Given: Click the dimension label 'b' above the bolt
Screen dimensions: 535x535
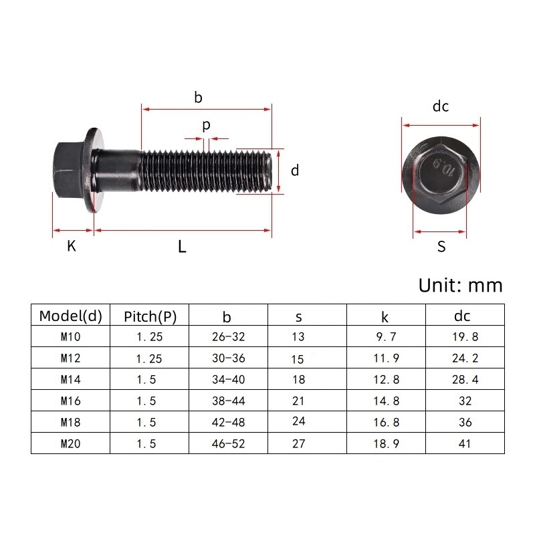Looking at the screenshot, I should coord(198,97).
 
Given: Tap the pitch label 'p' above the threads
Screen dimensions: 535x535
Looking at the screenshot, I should coord(206,126).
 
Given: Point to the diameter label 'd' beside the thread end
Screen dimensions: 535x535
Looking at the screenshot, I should coord(294,171).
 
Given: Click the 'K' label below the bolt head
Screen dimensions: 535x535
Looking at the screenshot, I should coord(72,246).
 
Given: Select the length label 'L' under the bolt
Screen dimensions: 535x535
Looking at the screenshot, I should coord(182,246).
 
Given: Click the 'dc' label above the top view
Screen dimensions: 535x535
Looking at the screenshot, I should coord(440,106).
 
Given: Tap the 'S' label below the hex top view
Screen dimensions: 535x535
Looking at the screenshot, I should coord(441,247).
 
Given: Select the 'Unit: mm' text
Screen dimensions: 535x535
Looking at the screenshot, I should coord(459,286).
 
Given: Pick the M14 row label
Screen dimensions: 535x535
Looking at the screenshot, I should coord(70,379).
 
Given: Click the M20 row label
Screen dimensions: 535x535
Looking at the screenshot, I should coord(70,443).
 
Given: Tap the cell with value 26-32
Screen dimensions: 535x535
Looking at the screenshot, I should coord(228,337).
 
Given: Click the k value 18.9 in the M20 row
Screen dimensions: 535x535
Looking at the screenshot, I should coord(386,443).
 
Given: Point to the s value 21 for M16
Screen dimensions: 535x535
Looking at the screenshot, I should coord(298,401).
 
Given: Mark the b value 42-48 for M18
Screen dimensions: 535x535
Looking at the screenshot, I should coord(228,422).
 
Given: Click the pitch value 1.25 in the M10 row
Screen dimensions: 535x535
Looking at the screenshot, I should coord(149,337).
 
